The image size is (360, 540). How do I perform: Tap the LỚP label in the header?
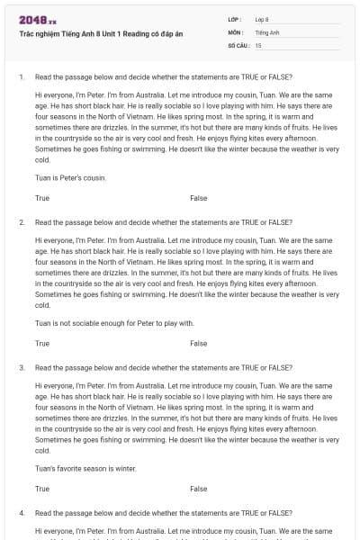pos(234,19)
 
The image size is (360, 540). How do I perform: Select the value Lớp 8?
pos(262,19)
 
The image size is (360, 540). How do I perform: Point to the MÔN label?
pos(235,31)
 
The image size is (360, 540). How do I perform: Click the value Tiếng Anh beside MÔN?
pos(266,31)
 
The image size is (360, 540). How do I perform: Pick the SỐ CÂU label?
pos(238,44)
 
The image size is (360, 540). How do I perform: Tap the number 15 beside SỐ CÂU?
pos(258,44)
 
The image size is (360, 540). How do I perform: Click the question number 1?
pos(21,77)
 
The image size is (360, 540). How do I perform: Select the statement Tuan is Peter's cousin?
pos(70,177)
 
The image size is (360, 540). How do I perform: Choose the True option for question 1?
pos(42,197)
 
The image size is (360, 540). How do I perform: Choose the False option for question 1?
pos(198,197)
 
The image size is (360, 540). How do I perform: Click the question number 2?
pos(21,222)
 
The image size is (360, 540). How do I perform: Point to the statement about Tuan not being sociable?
pos(114,323)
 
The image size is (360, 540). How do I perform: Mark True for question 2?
pos(42,343)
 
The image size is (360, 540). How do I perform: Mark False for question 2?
pos(198,343)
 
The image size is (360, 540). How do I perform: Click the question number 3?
pos(21,368)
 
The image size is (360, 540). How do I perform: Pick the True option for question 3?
pos(42,489)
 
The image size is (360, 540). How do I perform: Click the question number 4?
pos(21,513)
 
